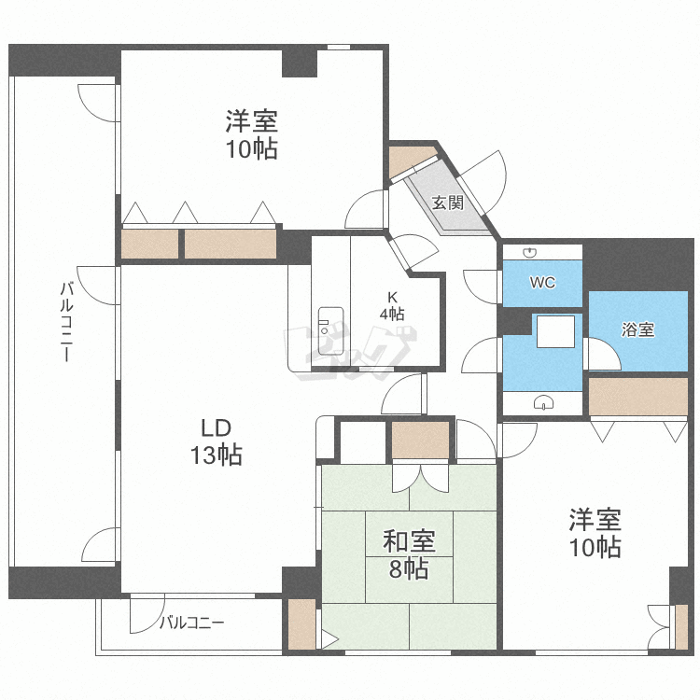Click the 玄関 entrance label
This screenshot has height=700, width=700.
(448, 203)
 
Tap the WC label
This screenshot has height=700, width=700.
(543, 282)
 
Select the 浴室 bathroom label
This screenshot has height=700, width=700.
(638, 329)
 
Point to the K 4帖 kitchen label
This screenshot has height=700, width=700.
(392, 306)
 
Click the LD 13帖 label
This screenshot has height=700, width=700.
(217, 442)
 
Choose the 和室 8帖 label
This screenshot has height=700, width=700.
(409, 555)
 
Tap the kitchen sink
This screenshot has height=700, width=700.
(330, 330)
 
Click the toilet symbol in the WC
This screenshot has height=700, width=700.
(529, 253)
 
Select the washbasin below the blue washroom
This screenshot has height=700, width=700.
(544, 402)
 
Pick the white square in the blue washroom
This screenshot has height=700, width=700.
(555, 331)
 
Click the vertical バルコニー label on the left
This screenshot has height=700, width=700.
(66, 321)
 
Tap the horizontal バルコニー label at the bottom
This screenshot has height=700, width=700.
(192, 623)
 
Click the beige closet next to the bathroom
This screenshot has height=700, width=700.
(638, 397)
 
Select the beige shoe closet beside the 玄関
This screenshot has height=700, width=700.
(410, 161)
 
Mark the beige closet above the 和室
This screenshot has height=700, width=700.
(420, 440)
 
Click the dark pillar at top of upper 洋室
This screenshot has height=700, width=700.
(300, 63)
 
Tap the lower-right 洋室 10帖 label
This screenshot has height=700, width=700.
(595, 533)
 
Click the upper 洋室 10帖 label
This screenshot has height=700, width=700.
(251, 134)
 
